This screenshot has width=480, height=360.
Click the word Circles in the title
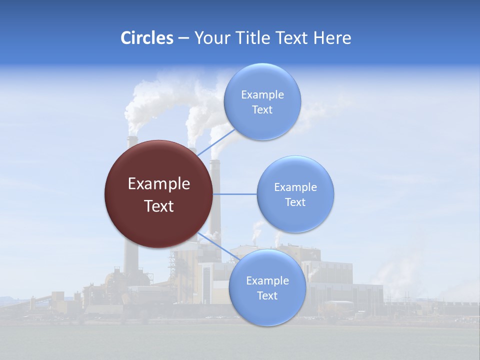(x=147, y=38)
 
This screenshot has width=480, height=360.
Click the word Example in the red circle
(x=159, y=184)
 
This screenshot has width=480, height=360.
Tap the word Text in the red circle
(x=159, y=206)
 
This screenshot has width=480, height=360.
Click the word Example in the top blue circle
(x=262, y=95)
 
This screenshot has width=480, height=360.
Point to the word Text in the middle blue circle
(x=295, y=202)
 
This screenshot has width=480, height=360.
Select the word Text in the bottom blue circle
(x=267, y=295)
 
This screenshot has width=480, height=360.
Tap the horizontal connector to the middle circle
(x=235, y=194)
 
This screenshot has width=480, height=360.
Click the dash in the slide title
(x=183, y=38)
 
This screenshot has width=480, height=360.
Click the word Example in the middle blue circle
(x=295, y=187)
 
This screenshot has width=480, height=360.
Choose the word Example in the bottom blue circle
(x=267, y=280)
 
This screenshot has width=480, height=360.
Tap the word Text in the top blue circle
(x=262, y=109)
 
